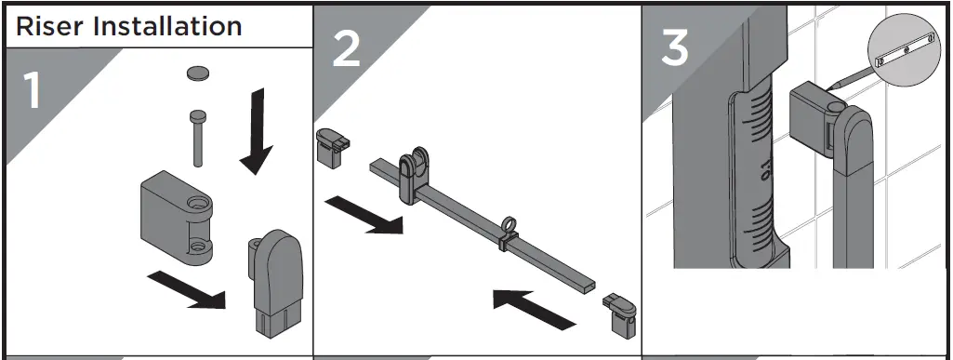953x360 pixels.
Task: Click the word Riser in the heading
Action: click(x=50, y=26)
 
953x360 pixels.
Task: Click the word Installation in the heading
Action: click(x=167, y=26)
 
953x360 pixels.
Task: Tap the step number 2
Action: click(x=347, y=48)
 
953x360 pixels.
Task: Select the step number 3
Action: click(x=675, y=47)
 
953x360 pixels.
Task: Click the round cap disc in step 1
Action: click(x=200, y=73)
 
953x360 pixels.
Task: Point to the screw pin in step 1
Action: click(x=198, y=138)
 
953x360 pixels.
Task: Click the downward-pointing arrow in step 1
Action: click(x=258, y=131)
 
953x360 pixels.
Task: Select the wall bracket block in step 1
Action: click(x=177, y=217)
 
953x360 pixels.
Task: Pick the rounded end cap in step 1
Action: click(x=275, y=283)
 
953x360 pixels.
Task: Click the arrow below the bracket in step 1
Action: click(x=186, y=289)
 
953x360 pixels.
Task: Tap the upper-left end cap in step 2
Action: click(x=332, y=147)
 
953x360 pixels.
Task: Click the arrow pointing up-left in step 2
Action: click(x=534, y=310)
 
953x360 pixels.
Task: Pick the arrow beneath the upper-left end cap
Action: click(x=364, y=215)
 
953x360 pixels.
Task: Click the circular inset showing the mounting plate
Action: click(x=905, y=50)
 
